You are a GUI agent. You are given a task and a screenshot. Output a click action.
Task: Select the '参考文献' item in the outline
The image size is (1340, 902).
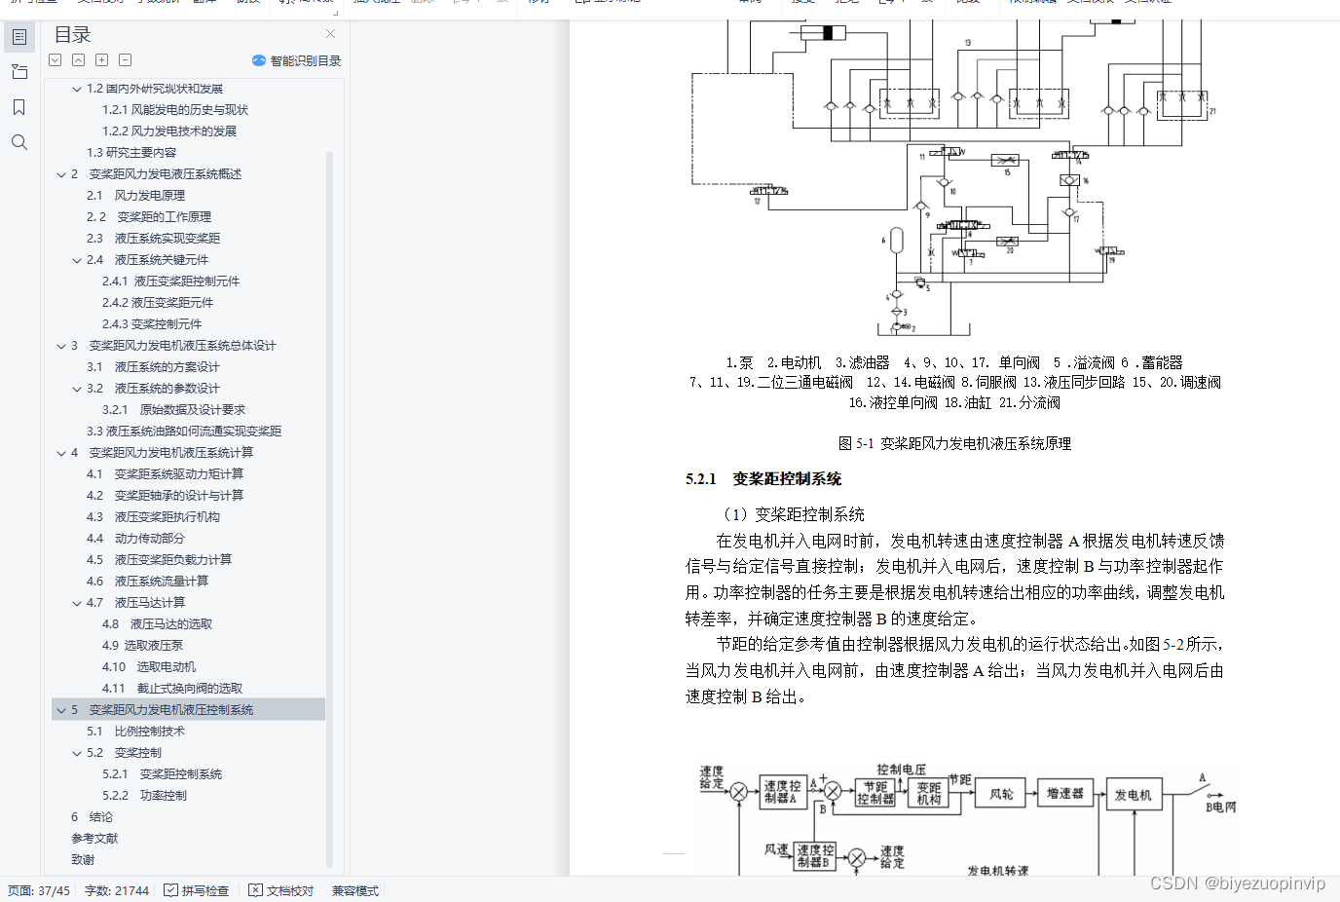click(x=94, y=839)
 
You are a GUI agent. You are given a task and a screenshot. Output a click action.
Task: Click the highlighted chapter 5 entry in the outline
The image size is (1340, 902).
click(x=170, y=710)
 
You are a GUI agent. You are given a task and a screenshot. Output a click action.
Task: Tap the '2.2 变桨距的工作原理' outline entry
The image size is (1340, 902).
click(x=148, y=217)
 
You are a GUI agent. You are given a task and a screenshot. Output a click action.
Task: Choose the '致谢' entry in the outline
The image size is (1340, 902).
click(x=83, y=860)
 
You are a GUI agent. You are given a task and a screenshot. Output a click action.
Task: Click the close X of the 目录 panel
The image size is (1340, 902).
click(x=330, y=34)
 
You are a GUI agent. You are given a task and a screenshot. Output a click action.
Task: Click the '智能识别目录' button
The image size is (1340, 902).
click(x=296, y=60)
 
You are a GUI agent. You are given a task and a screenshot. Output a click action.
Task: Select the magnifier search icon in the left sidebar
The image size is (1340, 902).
click(x=19, y=142)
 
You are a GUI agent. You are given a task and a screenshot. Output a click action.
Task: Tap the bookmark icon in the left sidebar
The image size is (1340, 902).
click(x=19, y=107)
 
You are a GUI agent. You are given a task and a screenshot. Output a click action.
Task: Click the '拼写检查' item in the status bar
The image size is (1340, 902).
click(x=197, y=890)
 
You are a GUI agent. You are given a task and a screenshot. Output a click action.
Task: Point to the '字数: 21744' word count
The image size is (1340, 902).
click(x=117, y=890)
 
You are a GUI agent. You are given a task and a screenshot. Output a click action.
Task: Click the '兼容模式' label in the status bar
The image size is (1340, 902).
click(x=354, y=890)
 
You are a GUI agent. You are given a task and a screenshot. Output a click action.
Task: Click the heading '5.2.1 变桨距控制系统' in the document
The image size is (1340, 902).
click(x=763, y=478)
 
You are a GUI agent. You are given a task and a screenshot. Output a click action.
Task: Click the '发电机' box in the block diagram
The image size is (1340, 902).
click(x=1133, y=795)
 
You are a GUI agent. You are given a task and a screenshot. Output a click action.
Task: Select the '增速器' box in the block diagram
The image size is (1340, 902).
click(x=1064, y=794)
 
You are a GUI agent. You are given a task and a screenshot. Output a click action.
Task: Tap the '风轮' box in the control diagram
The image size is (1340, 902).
click(x=1001, y=794)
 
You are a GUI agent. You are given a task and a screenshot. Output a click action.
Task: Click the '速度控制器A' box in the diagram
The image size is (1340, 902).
click(x=782, y=792)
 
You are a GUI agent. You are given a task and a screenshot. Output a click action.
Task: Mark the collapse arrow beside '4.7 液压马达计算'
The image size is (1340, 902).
click(x=77, y=603)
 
